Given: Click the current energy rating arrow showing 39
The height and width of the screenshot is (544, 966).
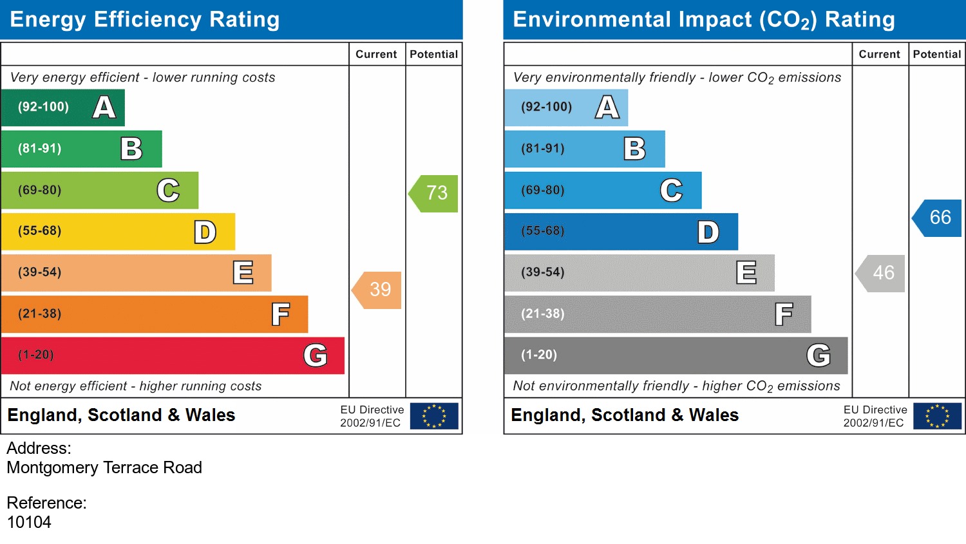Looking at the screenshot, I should click(x=378, y=290).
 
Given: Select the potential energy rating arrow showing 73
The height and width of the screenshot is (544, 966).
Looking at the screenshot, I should click(x=435, y=193).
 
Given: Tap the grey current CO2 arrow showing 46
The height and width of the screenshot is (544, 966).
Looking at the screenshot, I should click(x=882, y=273).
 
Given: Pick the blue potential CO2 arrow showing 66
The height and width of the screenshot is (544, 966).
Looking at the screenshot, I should click(x=938, y=218).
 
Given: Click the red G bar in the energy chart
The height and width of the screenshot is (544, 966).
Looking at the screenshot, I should click(x=173, y=355).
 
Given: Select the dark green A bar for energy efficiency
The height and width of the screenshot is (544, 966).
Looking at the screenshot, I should click(x=62, y=108).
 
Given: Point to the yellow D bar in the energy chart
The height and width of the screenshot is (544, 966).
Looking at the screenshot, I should click(x=118, y=232).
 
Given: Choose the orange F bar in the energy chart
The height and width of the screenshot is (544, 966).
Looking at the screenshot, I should click(x=155, y=314).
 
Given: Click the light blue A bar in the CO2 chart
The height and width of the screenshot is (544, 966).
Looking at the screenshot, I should click(x=565, y=108).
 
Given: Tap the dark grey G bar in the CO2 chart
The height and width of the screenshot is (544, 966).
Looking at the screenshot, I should click(x=676, y=355).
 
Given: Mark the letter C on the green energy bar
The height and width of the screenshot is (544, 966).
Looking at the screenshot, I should click(x=168, y=191).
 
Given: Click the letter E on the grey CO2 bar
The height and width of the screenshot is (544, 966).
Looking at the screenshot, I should click(x=746, y=273).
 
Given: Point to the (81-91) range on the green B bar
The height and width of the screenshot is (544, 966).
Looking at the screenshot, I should click(x=40, y=149).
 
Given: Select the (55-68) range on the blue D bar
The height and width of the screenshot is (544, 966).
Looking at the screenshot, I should click(x=543, y=231).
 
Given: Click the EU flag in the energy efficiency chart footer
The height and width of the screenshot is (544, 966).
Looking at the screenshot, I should click(x=434, y=416).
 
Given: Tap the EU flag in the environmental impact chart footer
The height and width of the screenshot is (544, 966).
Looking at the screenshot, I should click(x=937, y=416).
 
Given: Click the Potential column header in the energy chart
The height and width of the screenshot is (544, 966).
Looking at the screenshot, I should click(x=433, y=54).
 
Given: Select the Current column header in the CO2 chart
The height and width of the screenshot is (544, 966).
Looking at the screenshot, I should click(x=879, y=54).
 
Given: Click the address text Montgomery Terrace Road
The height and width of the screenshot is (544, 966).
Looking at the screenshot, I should click(x=104, y=467).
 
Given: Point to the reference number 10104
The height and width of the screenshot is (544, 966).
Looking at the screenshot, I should click(x=29, y=522).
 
